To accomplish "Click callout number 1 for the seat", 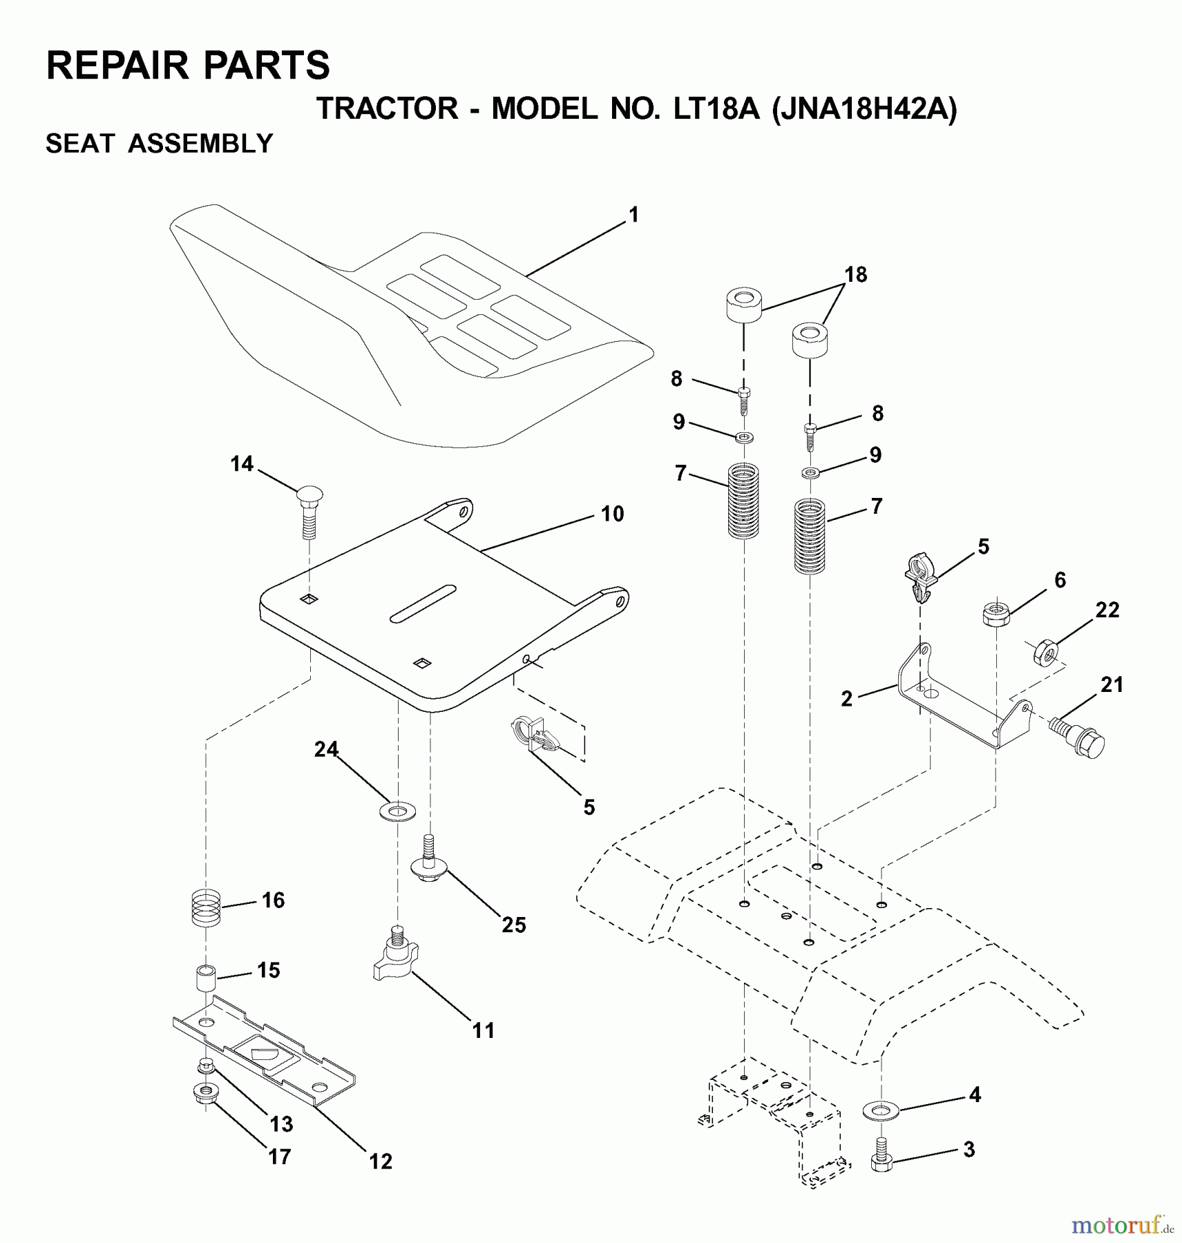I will (633, 215).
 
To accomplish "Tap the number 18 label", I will (855, 275).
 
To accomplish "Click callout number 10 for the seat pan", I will (612, 514).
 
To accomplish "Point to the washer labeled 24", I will (398, 810).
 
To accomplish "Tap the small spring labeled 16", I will (205, 909).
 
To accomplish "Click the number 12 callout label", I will (381, 1162).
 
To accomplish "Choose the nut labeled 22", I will (1045, 652).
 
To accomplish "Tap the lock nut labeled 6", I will (995, 613).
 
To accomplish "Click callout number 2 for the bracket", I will (847, 699).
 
